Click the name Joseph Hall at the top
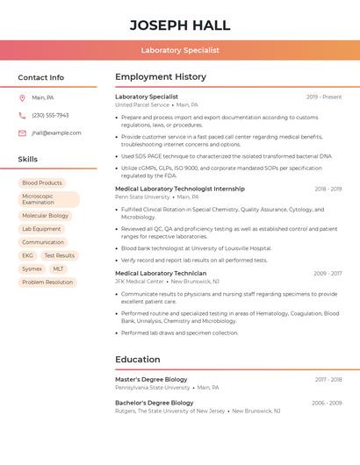180,25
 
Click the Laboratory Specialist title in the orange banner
180,50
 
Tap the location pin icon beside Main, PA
22,97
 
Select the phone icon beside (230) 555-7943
22,115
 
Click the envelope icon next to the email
22,133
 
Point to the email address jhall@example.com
56,133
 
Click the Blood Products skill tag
42,182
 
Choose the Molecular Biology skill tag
45,215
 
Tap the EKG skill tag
27,255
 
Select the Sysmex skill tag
32,268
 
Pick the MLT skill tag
58,268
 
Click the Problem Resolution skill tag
47,283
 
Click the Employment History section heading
161,77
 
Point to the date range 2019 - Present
324,97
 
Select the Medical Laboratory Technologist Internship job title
180,189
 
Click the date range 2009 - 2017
328,274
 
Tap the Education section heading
138,359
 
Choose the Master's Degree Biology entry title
151,379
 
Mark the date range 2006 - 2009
327,403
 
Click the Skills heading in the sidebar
28,159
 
